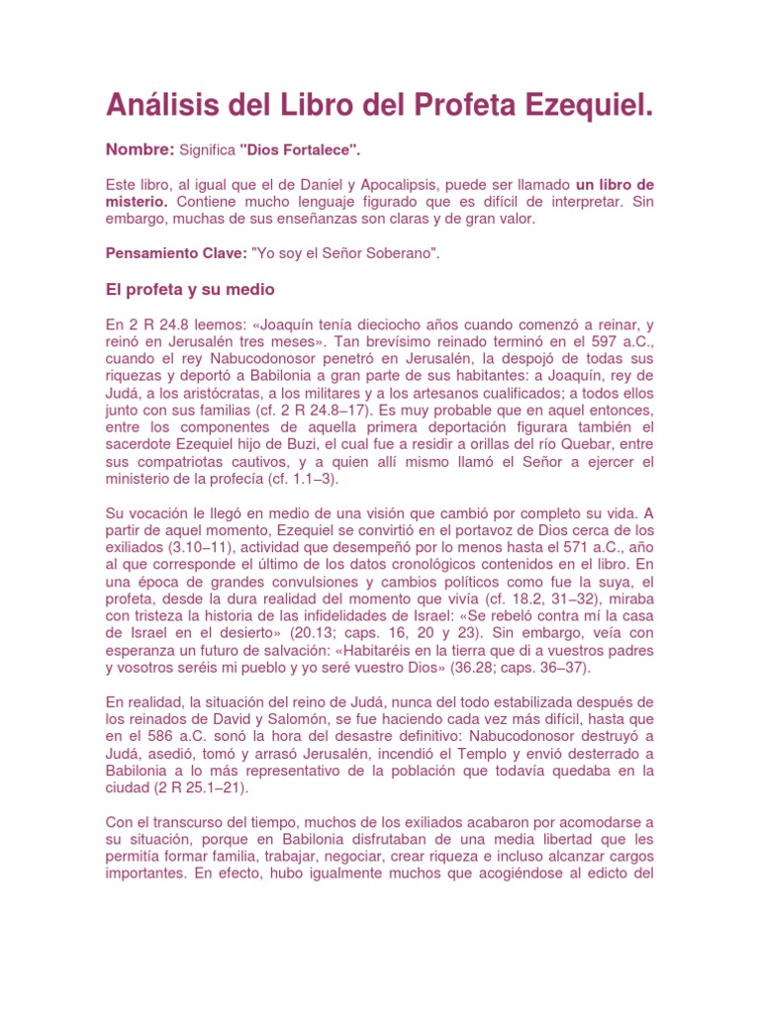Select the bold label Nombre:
click(x=140, y=149)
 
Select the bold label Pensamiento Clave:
click(x=176, y=253)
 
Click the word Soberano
click(x=401, y=253)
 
